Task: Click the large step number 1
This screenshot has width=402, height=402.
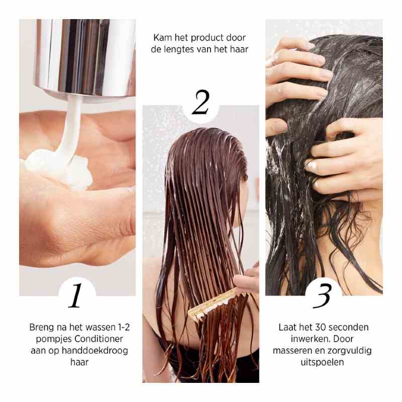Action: click(x=75, y=295)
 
